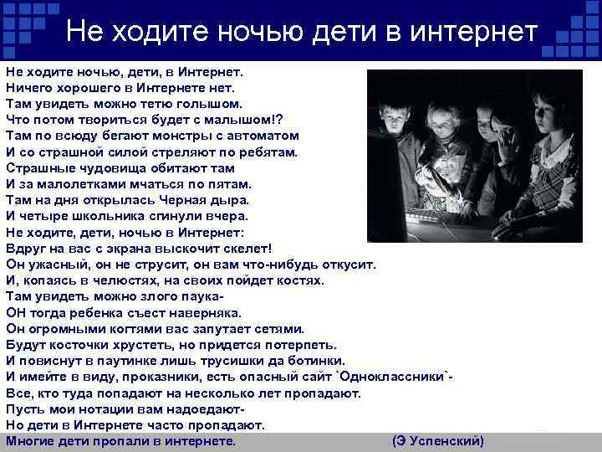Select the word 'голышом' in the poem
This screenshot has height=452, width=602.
[208, 103]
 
